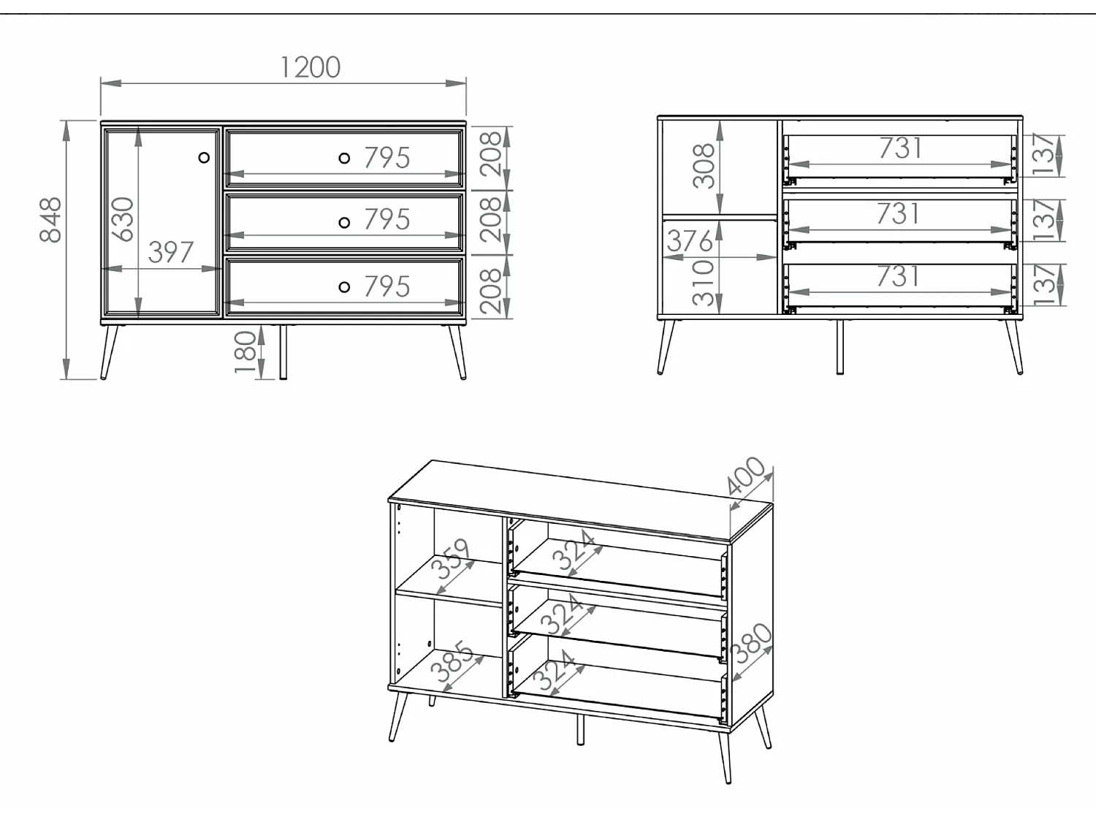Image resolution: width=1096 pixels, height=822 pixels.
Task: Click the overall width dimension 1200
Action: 310,67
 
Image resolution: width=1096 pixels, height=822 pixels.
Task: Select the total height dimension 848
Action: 50,219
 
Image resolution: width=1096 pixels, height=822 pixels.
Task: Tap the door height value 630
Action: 123,219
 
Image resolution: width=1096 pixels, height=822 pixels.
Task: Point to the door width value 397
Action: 170,253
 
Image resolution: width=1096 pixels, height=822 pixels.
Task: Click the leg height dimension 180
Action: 247,351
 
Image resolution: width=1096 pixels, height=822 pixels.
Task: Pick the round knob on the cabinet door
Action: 204,157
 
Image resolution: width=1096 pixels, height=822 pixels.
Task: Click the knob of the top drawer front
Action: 344,158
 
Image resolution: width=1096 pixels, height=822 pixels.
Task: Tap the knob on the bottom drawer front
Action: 344,287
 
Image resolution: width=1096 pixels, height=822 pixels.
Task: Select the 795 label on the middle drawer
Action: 387,220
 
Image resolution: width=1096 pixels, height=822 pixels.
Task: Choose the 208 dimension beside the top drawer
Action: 491,154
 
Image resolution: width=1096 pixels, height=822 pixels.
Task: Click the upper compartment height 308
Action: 704,166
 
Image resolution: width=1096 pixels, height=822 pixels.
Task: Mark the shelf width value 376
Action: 689,241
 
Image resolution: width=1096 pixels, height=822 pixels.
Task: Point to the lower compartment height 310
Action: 704,282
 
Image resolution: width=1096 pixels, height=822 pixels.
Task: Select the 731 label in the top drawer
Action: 900,148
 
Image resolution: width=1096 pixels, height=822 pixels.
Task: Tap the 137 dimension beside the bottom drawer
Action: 1046,284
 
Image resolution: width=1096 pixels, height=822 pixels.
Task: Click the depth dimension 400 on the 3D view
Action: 747,476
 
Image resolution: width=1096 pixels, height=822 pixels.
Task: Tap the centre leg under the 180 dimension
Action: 283,352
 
